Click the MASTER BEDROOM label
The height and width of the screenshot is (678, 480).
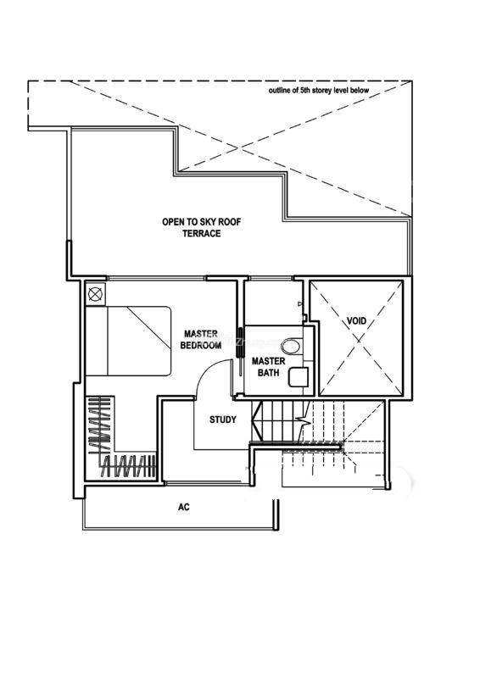point(201,340)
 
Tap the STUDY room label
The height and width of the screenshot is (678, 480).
point(223,420)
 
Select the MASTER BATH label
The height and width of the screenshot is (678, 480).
point(268,366)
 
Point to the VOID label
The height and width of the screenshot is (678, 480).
point(357,321)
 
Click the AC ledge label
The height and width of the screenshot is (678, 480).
point(183,507)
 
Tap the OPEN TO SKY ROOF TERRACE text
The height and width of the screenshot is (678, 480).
point(202,227)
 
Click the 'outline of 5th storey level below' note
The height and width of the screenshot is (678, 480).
point(319,91)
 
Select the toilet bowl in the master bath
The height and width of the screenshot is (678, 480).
point(291,346)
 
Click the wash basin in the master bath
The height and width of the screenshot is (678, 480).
point(299,377)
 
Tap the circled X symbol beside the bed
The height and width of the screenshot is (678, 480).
point(95,294)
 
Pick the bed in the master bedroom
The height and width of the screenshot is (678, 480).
point(128,342)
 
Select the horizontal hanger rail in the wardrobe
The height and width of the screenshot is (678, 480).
point(129,466)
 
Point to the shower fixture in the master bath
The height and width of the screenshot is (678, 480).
point(300,304)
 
